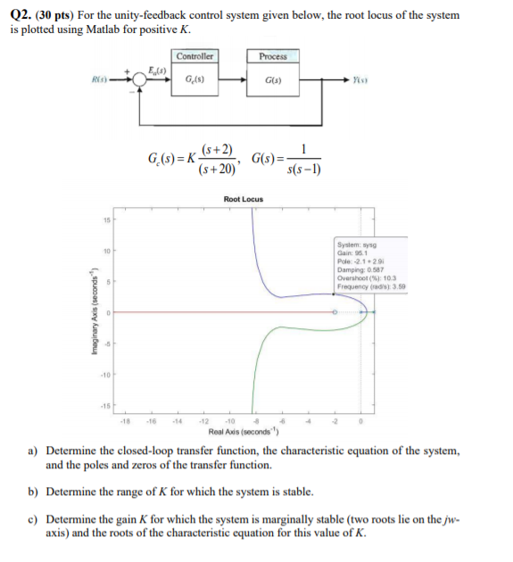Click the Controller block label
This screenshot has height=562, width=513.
[194, 56]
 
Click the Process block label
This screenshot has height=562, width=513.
[272, 56]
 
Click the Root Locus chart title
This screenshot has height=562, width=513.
[243, 198]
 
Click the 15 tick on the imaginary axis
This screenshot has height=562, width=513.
[105, 220]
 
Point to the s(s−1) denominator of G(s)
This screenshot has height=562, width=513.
[306, 168]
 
